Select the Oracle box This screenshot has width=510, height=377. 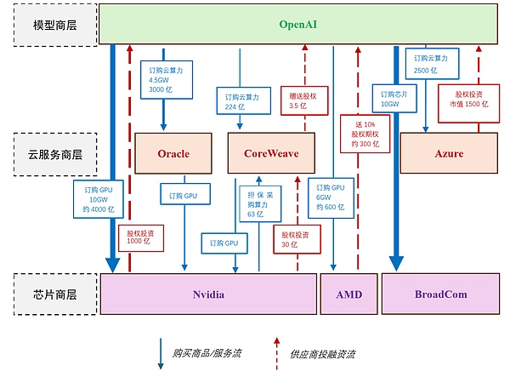click(173, 154)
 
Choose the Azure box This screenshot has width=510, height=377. click(449, 154)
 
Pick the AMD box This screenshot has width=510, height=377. click(348, 294)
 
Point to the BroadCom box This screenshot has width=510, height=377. click(440, 294)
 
